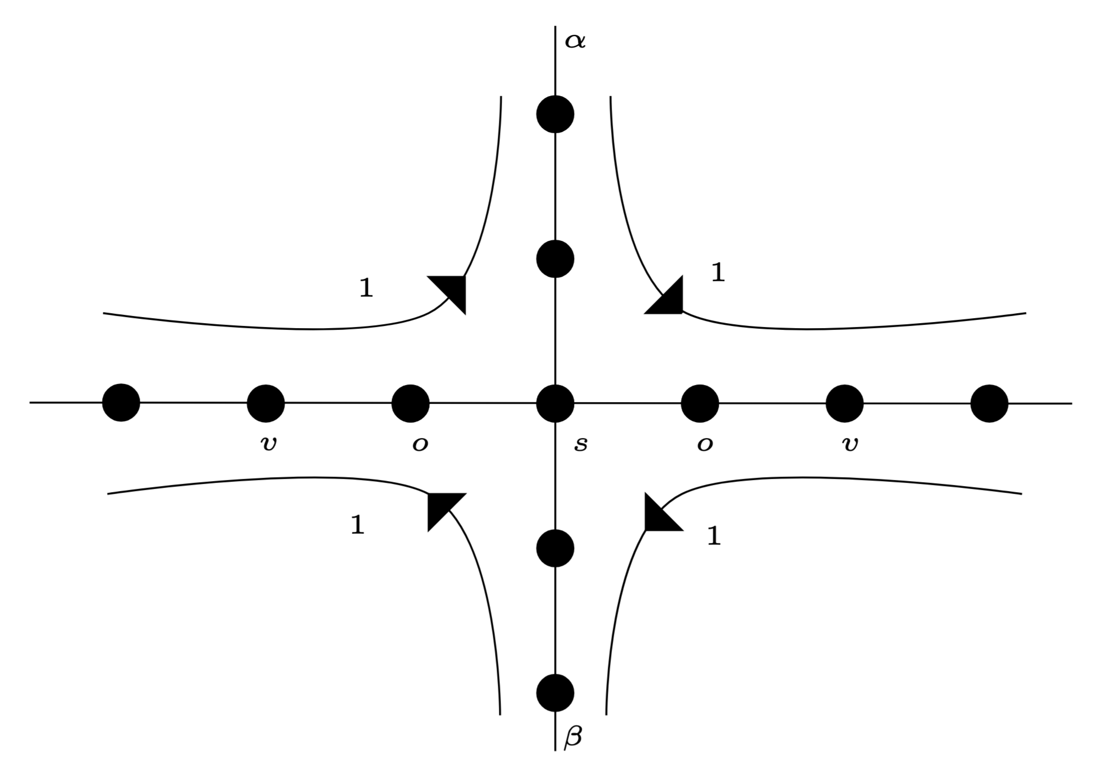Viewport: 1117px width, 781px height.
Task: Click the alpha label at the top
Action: (575, 41)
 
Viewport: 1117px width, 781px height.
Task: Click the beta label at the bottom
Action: (573, 738)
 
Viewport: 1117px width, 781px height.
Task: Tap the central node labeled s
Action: (555, 403)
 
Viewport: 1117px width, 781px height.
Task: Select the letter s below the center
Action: (580, 444)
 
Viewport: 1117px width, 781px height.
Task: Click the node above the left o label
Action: (410, 403)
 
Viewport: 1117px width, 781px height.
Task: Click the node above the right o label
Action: (700, 403)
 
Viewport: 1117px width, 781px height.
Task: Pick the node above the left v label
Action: (266, 403)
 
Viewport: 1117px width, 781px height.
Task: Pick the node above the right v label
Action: (845, 403)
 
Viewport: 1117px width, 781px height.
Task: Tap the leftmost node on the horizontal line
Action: (121, 403)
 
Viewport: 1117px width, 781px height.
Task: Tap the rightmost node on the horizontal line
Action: (989, 403)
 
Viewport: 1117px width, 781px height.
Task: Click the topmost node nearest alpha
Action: (555, 114)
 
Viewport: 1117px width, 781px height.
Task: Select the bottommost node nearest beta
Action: (555, 693)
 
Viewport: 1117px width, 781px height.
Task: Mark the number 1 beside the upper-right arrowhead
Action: (718, 273)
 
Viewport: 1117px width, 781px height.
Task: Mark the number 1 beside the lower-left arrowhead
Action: (357, 525)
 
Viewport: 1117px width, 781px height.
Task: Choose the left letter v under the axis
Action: (268, 444)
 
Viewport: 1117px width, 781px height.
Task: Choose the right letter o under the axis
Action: (704, 444)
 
